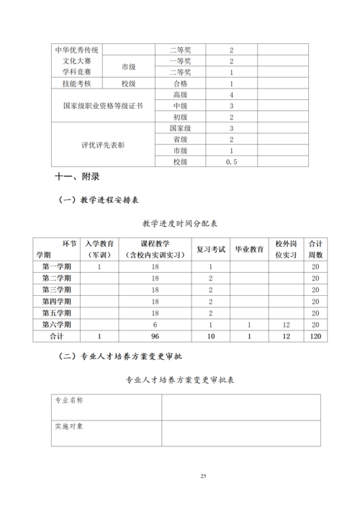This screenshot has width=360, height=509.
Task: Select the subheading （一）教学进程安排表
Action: (104, 201)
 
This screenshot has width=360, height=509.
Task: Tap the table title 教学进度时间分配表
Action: (179, 225)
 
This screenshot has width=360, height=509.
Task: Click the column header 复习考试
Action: (212, 249)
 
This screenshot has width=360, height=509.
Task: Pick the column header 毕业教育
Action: (249, 249)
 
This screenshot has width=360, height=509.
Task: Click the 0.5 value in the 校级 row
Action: (231, 163)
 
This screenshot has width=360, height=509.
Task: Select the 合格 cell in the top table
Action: (181, 84)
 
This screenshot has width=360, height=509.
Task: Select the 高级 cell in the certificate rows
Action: (181, 95)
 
